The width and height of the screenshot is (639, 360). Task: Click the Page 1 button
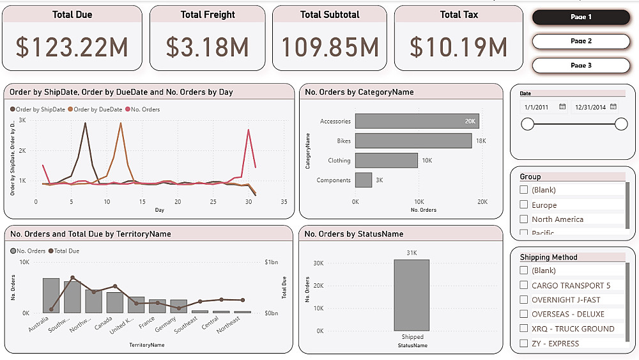tap(581, 17)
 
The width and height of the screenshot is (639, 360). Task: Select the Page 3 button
tap(581, 65)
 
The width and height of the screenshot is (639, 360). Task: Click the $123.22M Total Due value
tap(72, 47)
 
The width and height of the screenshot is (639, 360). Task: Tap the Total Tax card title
tap(459, 15)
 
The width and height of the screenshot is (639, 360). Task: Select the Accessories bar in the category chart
tap(417, 121)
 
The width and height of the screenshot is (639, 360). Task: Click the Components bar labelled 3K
tap(364, 180)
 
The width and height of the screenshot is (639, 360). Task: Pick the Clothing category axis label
tap(339, 160)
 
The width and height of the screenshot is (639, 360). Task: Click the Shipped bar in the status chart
tap(411, 295)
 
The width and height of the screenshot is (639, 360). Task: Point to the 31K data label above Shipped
tap(412, 253)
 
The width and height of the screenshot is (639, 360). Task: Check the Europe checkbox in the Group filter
tap(524, 205)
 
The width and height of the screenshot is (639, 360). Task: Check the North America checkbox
tap(524, 219)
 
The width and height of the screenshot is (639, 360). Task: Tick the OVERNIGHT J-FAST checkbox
tap(524, 300)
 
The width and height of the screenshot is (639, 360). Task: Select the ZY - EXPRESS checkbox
tap(524, 343)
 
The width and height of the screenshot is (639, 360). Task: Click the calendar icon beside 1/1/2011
tap(562, 107)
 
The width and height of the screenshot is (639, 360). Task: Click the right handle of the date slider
tap(621, 124)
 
